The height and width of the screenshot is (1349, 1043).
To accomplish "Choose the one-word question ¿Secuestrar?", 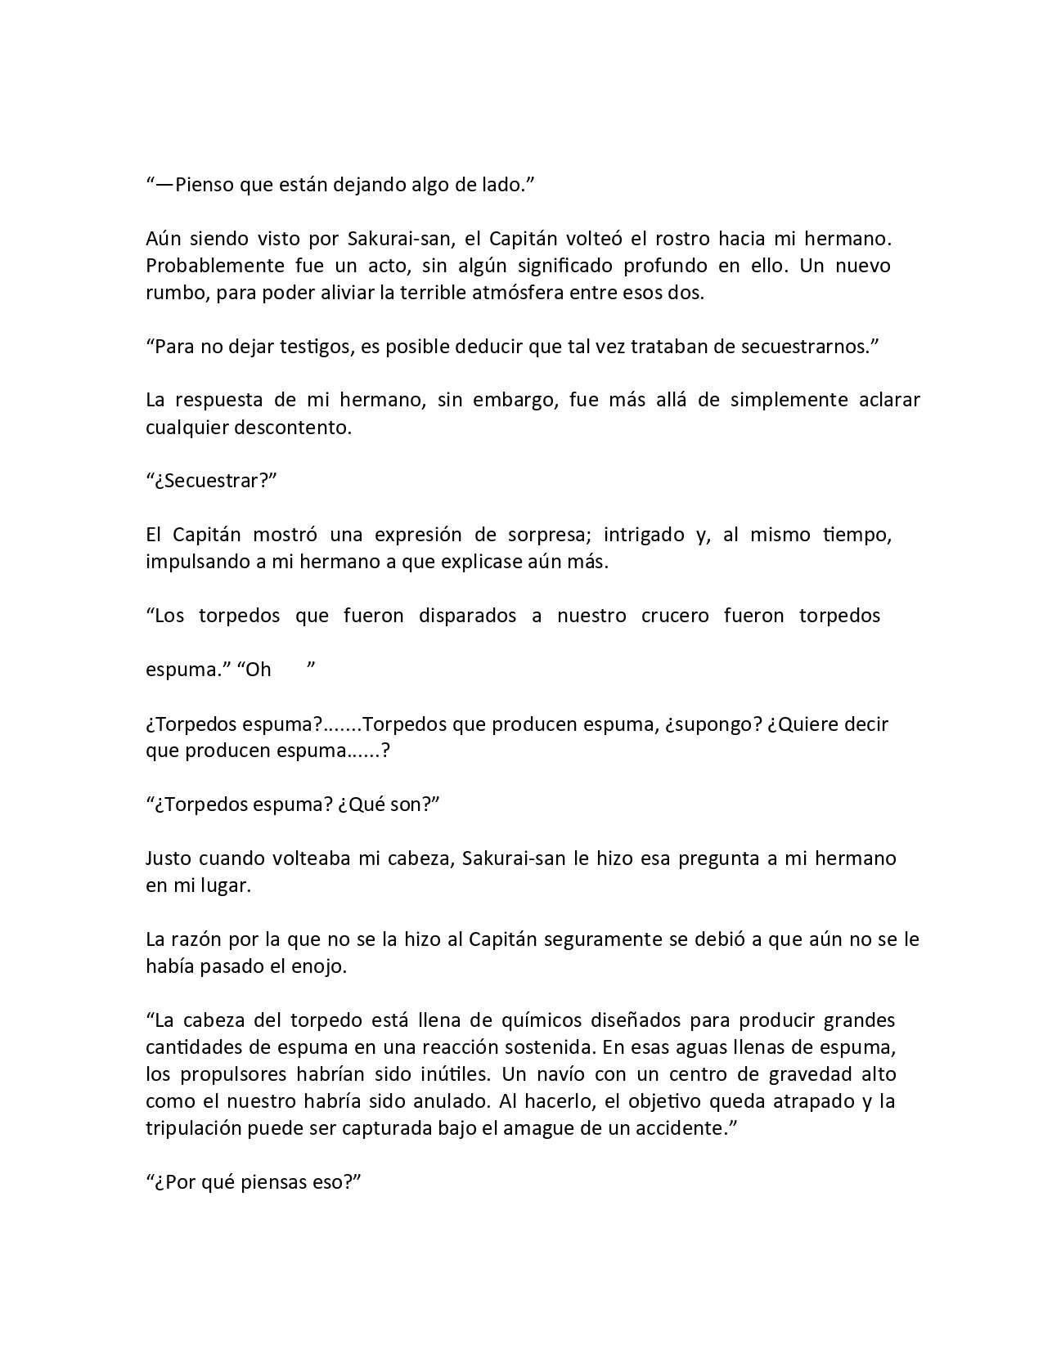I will point(212,481).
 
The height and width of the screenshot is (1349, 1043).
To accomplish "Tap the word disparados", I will point(467,616).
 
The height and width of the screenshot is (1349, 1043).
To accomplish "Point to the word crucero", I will point(675,616).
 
